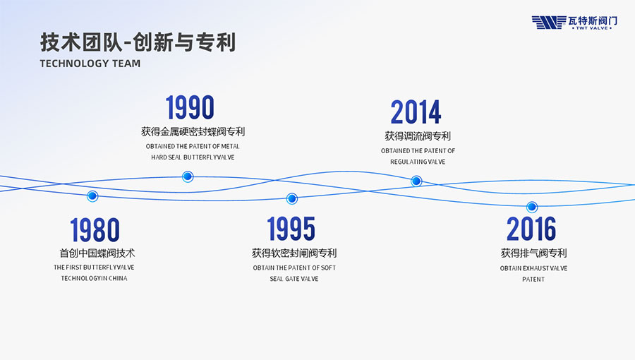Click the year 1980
95,229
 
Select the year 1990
190,107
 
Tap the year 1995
291,229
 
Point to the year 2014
416,112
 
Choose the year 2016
531,229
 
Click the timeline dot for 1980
92,196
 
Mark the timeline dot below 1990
188,176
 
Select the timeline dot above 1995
291,198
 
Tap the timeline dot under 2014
416,181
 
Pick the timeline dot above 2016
532,207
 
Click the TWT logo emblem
549,23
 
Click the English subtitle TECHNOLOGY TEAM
90,64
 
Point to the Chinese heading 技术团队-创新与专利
138,42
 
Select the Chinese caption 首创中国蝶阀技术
97,253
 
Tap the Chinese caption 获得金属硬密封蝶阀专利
193,131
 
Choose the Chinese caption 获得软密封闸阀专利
294,253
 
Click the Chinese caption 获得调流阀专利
418,136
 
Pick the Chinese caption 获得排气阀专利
534,253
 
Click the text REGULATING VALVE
418,162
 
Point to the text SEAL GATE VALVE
294,279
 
